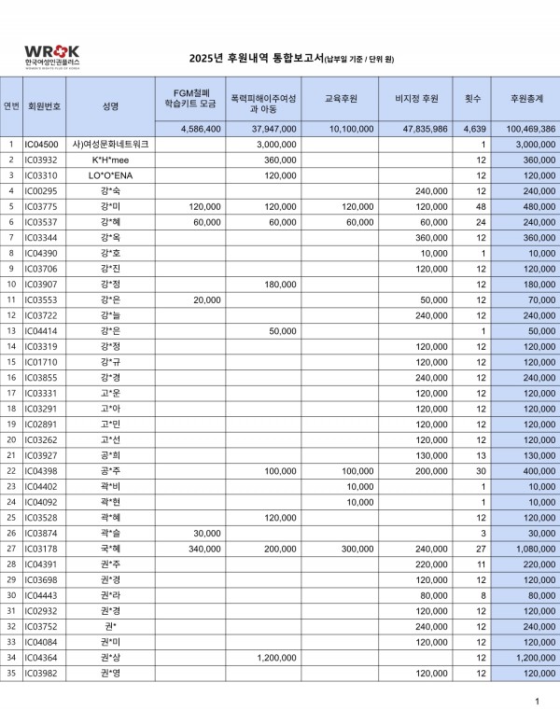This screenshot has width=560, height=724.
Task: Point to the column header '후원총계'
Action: (525, 98)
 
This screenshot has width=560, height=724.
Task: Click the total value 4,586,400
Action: (199, 129)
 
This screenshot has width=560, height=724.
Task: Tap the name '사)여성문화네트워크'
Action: (111, 145)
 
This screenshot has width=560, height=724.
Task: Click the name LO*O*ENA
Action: (111, 175)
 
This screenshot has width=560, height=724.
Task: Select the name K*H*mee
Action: (111, 160)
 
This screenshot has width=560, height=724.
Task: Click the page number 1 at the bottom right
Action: (537, 701)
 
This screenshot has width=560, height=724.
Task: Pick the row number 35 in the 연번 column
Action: (11, 673)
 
